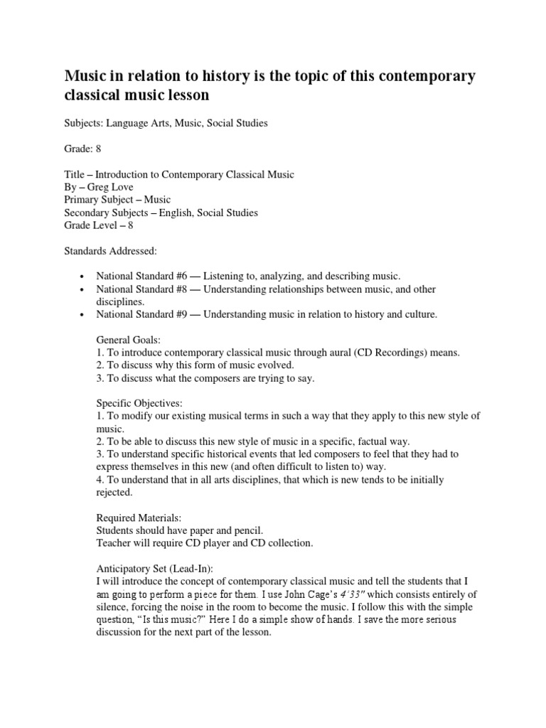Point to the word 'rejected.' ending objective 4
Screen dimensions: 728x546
tap(114, 492)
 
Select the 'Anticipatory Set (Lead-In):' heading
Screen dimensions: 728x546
tap(157, 569)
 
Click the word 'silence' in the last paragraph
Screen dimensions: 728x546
tap(112, 607)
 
